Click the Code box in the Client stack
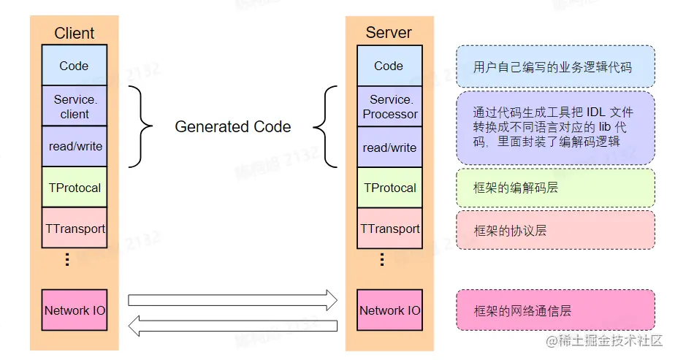click(74, 66)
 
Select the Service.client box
click(74, 106)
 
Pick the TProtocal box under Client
click(75, 188)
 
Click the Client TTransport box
click(75, 229)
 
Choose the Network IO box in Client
click(75, 310)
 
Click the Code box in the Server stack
click(389, 66)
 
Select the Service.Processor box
click(389, 107)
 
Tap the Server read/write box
click(389, 148)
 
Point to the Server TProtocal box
click(389, 188)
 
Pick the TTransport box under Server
click(389, 229)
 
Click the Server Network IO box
click(389, 310)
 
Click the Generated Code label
click(232, 127)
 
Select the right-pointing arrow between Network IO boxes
click(232, 299)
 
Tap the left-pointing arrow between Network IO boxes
click(232, 326)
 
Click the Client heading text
click(75, 33)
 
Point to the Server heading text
click(389, 33)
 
